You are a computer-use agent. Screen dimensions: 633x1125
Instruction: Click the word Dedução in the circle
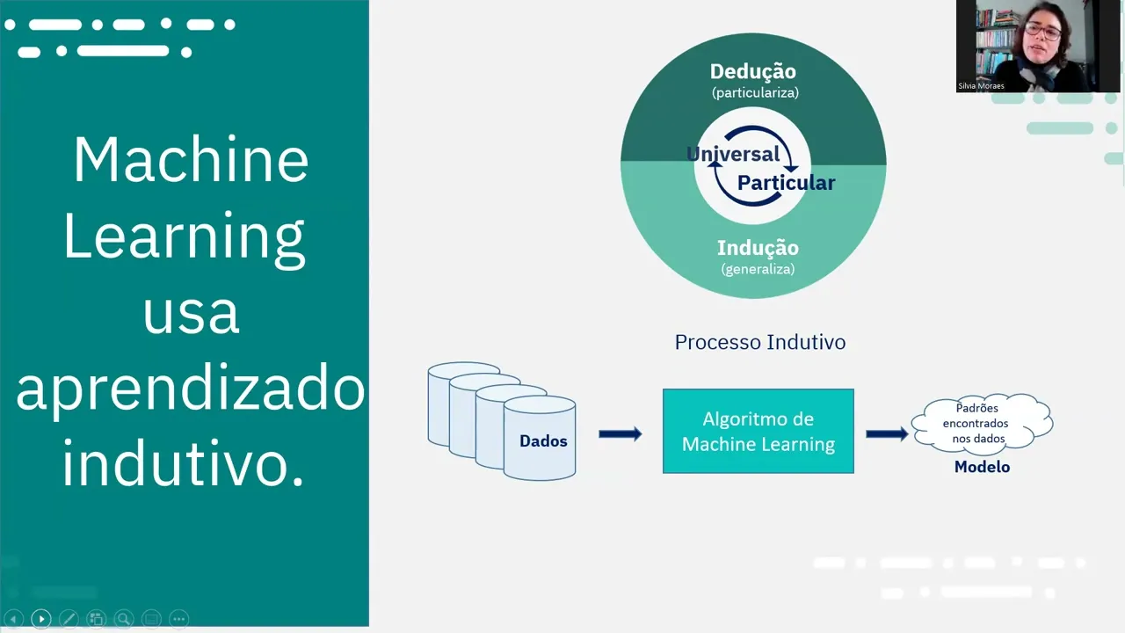click(752, 71)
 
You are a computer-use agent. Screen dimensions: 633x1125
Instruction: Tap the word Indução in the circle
click(758, 248)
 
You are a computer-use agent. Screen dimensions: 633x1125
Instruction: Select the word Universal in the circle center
click(733, 154)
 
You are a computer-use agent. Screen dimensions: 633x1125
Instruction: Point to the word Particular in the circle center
click(786, 183)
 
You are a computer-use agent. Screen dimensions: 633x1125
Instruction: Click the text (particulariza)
click(755, 91)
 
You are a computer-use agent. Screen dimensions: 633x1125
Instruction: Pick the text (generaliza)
click(758, 269)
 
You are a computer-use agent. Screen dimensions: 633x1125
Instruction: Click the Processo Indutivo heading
click(759, 342)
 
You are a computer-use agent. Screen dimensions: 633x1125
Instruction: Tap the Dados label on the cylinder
click(543, 441)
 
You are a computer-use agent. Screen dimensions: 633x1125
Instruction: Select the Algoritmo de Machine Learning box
click(758, 431)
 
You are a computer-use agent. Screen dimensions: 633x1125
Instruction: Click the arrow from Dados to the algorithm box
click(620, 433)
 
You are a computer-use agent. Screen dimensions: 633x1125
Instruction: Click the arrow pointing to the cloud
click(886, 433)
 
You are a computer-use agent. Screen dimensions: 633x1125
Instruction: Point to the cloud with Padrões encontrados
click(981, 423)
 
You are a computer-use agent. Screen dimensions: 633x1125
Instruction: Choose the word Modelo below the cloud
click(982, 467)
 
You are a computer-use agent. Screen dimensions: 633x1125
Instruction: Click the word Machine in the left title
click(191, 159)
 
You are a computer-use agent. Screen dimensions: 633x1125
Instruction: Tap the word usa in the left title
click(191, 312)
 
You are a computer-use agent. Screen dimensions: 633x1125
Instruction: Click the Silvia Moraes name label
click(981, 86)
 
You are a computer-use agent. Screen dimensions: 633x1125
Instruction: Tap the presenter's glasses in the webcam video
click(1042, 30)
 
